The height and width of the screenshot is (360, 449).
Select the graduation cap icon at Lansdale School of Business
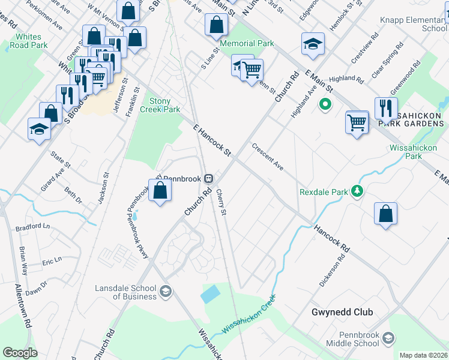(x=165, y=292)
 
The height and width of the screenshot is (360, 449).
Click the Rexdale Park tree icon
(x=358, y=192)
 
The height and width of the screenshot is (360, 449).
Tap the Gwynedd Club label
(x=342, y=312)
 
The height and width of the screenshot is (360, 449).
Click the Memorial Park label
(x=247, y=43)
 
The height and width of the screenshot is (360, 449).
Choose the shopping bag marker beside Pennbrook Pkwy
(x=160, y=191)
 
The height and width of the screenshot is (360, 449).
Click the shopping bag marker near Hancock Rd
(x=385, y=214)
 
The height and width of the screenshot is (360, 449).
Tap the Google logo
(x=20, y=353)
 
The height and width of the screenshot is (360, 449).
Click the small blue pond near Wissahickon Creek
(x=211, y=294)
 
